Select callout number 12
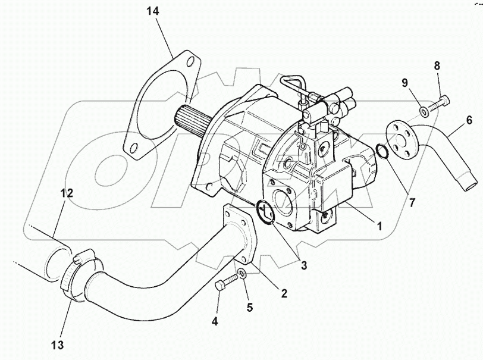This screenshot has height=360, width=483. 66,193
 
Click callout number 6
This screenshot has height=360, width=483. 469,121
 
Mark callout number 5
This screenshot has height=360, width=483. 249,308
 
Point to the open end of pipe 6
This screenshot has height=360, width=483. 470,181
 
